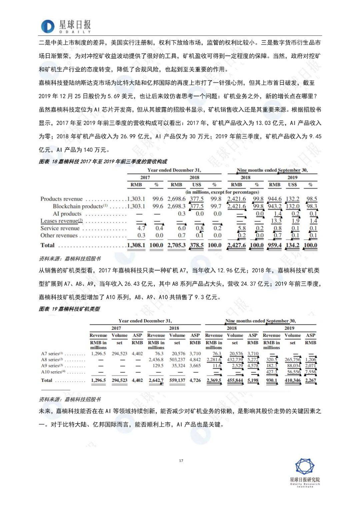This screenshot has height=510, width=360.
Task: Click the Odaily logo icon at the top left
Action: (48, 26)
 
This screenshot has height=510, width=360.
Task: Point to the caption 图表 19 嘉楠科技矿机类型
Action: (69, 309)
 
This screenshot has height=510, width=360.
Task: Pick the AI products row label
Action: (67, 214)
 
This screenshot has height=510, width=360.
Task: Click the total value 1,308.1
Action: (137, 245)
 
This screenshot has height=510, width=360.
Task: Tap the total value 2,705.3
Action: (177, 245)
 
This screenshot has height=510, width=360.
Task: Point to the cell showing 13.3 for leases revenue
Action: (276, 221)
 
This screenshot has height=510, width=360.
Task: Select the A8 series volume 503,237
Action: (177, 360)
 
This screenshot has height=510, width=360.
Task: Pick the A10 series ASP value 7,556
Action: (310, 372)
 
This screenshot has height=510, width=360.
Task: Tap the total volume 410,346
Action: (293, 380)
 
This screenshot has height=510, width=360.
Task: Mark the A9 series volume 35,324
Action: (178, 366)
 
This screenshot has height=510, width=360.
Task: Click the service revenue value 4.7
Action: (141, 228)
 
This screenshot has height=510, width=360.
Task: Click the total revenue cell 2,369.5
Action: (214, 380)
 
